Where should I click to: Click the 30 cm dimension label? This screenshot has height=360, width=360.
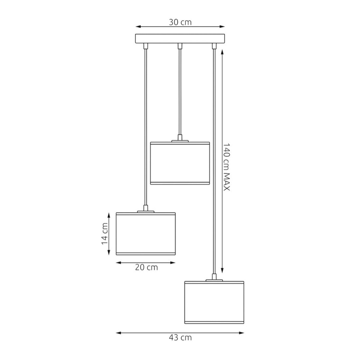click(180, 22)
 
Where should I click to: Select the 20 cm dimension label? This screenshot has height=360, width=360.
click(146, 267)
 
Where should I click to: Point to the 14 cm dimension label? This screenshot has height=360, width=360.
click(105, 234)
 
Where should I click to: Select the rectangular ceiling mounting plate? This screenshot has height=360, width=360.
click(180, 38)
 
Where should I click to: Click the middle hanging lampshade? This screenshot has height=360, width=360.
click(180, 163)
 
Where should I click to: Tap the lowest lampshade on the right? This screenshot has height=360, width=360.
click(214, 302)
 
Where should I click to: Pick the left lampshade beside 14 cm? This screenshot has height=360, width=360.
click(146, 234)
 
